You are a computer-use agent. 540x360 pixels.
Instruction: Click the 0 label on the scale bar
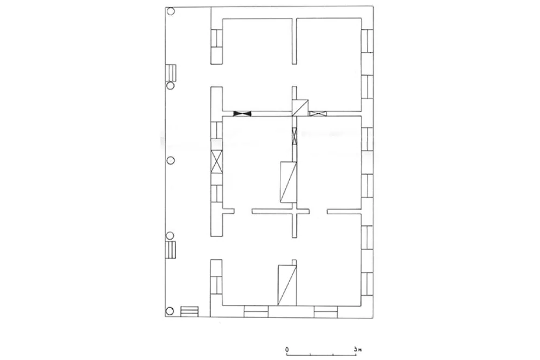pos(287,349)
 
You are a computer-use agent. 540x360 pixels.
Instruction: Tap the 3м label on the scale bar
pos(358,349)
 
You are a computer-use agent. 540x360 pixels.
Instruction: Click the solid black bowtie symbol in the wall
pos(242,113)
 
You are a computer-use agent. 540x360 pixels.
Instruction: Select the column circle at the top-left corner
pos(170,11)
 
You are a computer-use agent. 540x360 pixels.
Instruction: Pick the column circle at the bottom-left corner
pos(169,311)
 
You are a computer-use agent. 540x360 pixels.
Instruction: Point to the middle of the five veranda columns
pos(170,160)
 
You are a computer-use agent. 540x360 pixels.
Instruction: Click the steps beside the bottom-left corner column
pos(189,311)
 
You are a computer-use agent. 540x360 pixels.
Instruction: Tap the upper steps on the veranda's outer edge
pos(171,73)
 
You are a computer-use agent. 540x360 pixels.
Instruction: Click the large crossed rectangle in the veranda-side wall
pos(217,161)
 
